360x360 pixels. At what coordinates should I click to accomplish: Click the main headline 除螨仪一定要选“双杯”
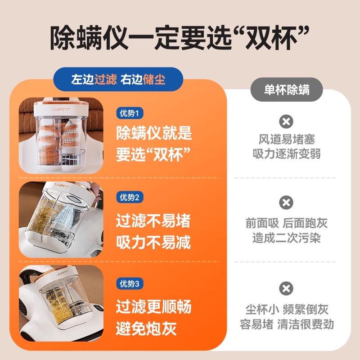[180, 38]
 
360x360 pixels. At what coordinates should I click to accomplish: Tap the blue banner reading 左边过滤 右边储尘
[118, 80]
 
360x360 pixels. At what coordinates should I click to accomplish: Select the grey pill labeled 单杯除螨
[287, 90]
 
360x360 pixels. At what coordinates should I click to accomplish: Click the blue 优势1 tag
[130, 113]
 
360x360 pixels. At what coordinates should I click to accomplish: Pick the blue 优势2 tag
[130, 197]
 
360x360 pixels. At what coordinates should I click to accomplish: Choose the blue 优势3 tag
[130, 283]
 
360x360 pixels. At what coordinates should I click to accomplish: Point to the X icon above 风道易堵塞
[286, 121]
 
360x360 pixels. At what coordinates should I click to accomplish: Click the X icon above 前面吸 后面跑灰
[286, 202]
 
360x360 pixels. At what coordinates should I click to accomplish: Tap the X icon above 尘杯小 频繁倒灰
[286, 288]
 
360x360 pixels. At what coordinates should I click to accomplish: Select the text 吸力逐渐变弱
[287, 153]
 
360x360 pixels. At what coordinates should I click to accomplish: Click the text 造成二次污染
[287, 238]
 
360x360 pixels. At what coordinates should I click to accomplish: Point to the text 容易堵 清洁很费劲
[287, 324]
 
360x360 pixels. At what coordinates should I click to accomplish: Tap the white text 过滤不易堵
[153, 220]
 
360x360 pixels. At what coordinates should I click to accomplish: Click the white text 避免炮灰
[146, 328]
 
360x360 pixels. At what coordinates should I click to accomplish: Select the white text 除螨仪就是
[154, 133]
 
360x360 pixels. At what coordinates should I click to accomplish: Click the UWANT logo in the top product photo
[61, 109]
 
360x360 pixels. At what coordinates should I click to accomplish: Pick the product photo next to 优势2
[61, 220]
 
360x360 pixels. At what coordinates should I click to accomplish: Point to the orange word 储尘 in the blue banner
[154, 80]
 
